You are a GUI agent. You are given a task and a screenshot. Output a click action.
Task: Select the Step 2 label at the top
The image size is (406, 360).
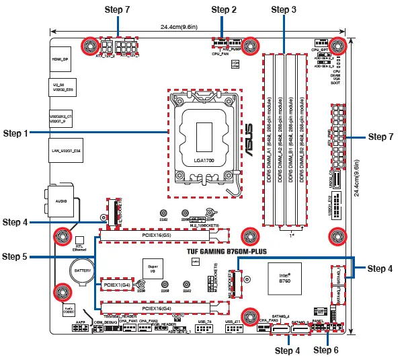click(224, 9)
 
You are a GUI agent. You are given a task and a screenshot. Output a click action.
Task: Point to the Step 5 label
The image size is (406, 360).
click(15, 256)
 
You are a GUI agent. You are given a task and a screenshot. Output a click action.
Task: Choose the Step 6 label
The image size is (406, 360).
click(326, 350)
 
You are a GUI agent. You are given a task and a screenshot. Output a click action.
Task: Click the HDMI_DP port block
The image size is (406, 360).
click(61, 60)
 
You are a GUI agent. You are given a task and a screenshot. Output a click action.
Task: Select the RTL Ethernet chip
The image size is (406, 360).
click(79, 243)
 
